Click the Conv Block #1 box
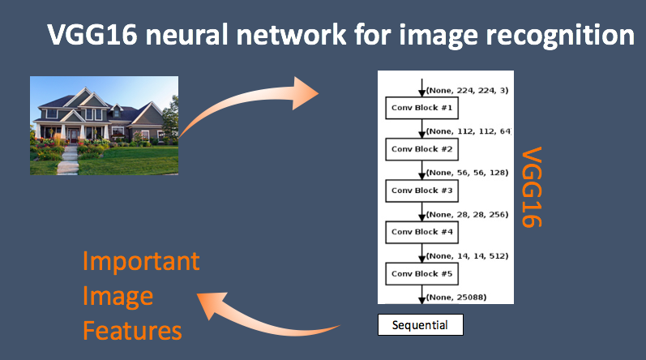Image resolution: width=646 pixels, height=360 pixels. (421, 108)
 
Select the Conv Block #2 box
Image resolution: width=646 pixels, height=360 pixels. (421, 149)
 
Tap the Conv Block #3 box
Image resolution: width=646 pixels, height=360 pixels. (421, 191)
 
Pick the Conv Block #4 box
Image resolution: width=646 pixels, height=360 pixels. (421, 233)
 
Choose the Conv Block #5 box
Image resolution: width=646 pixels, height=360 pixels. (421, 274)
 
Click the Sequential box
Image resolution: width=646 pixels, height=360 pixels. (421, 325)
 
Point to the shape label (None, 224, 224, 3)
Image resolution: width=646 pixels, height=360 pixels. (468, 90)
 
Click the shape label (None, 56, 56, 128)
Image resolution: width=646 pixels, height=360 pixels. (468, 173)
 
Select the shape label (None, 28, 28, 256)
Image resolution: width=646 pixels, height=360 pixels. (468, 215)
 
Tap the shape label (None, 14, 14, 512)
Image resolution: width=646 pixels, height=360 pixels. (468, 255)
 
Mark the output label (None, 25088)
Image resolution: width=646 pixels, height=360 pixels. (456, 298)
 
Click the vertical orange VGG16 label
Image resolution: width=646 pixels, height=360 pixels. (533, 187)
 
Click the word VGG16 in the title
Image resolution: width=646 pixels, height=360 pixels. (92, 34)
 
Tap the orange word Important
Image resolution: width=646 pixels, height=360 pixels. (141, 262)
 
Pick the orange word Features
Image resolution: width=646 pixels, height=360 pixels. (132, 331)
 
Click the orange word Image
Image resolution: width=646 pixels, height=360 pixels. (118, 297)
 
